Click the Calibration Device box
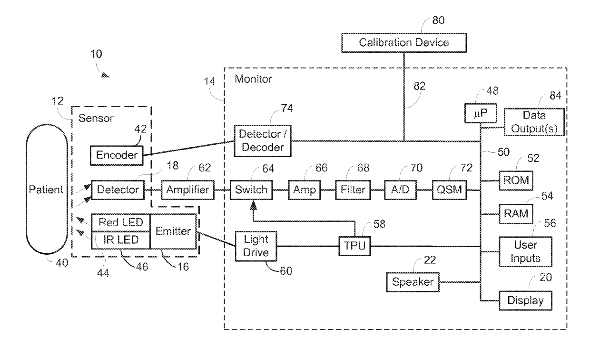404,43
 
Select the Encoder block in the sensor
117,156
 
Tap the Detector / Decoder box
263,141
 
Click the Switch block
251,190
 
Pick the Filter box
353,190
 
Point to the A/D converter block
400,190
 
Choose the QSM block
449,190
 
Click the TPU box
354,246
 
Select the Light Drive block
256,246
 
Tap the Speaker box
413,282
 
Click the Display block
525,300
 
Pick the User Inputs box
525,252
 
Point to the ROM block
516,180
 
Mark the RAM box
516,214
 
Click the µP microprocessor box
481,113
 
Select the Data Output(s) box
534,122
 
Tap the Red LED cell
121,223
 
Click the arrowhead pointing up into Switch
253,205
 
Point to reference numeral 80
439,20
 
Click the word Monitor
253,79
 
